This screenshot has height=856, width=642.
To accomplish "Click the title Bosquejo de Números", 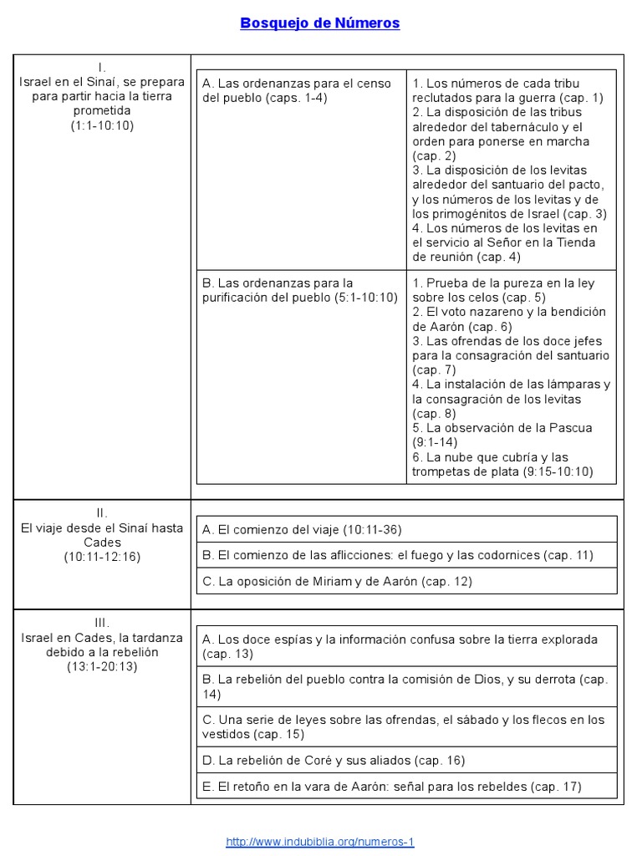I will click(320, 23).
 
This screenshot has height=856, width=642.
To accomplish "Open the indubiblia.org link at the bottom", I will click(320, 842).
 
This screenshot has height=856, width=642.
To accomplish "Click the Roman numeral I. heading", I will click(102, 67).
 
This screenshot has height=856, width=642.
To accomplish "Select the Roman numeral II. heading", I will click(102, 513).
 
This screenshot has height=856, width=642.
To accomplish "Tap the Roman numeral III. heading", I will click(102, 623).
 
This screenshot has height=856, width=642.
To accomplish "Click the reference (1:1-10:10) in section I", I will click(102, 125).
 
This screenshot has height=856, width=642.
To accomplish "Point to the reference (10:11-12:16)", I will click(102, 557).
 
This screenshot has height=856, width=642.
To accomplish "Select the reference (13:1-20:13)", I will click(102, 666).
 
